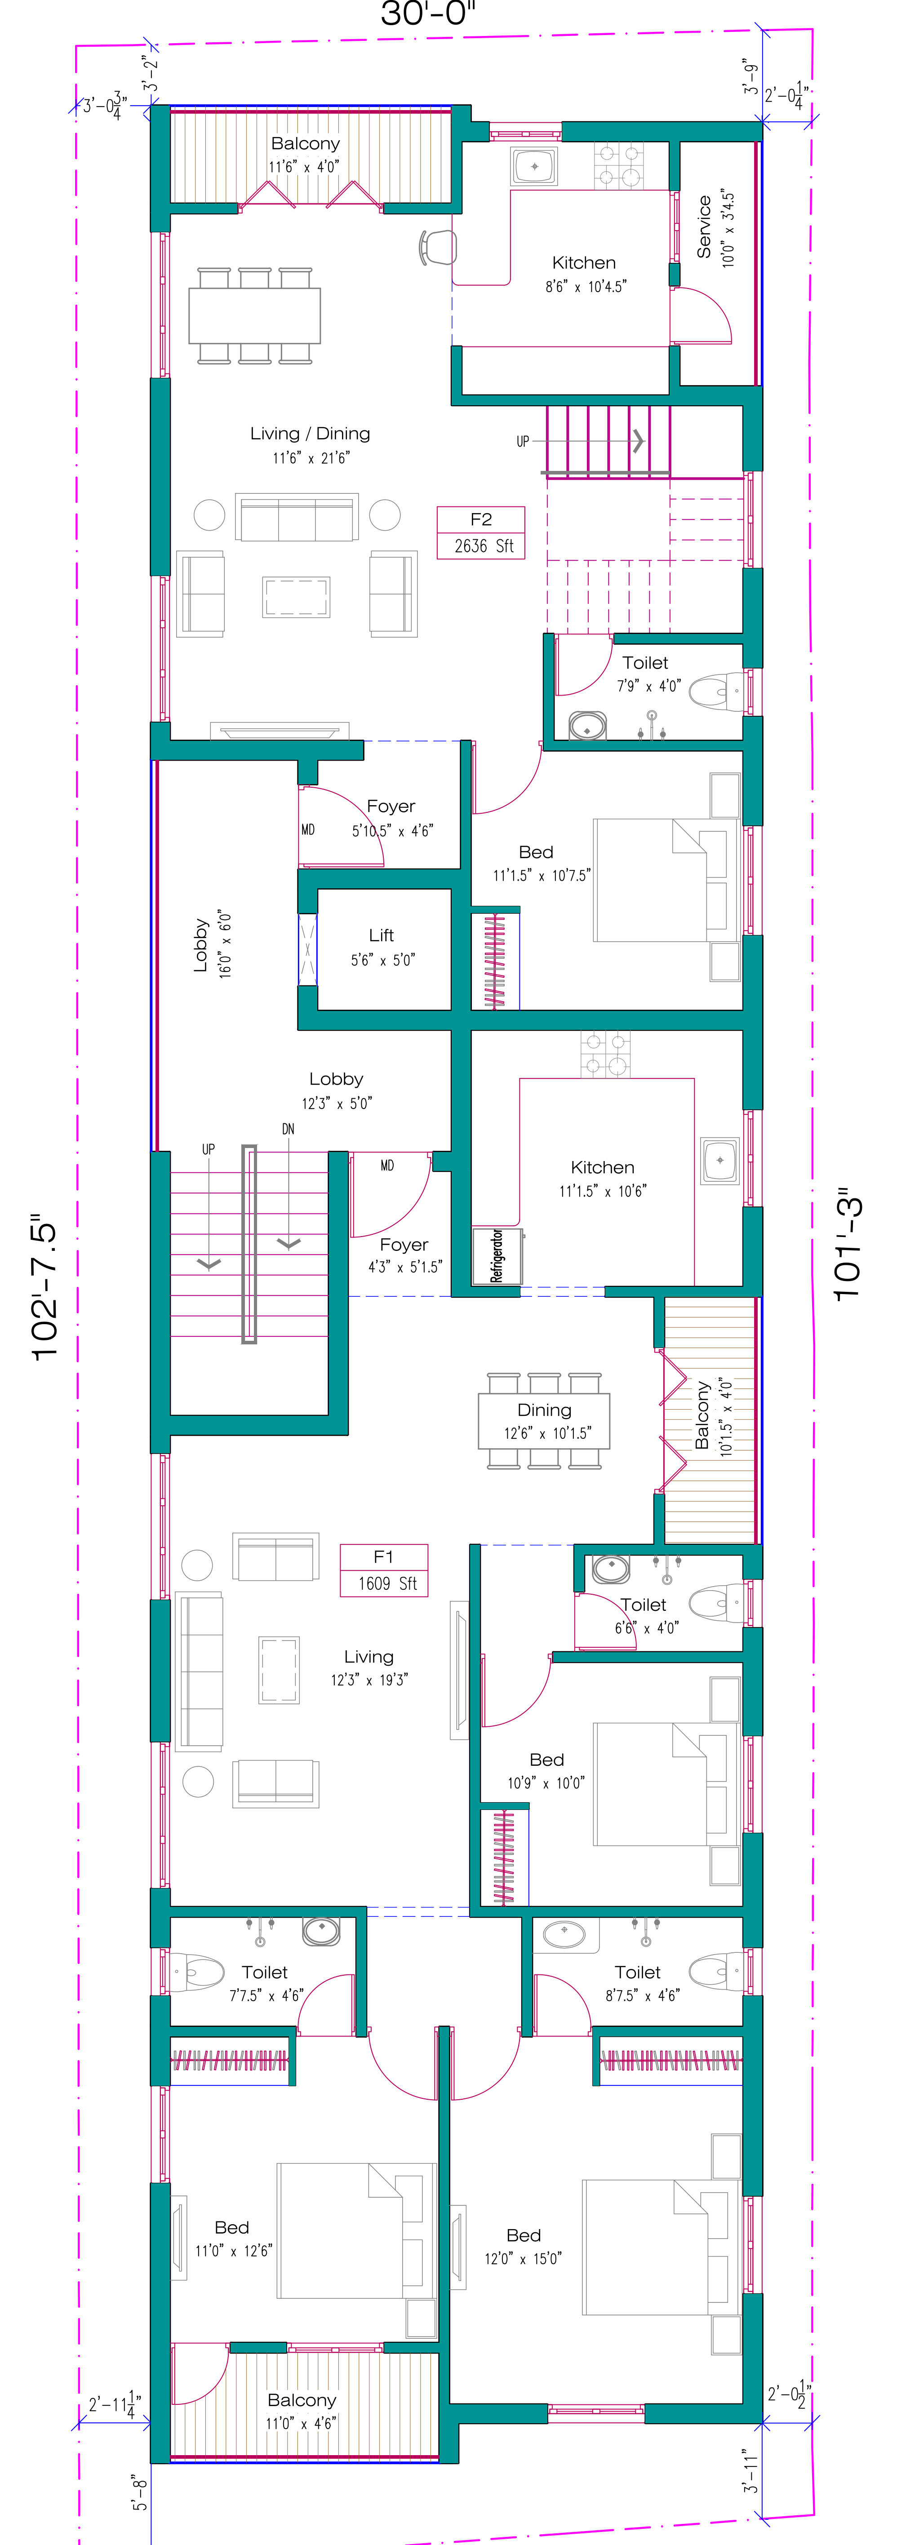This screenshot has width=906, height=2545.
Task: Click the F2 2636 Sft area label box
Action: click(x=481, y=532)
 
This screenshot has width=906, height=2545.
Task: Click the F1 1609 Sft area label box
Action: click(x=384, y=1570)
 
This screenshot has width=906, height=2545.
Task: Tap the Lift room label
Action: click(x=382, y=946)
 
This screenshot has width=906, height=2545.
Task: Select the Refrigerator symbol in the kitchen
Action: click(x=497, y=1256)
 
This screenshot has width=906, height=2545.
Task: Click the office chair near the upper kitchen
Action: click(x=438, y=247)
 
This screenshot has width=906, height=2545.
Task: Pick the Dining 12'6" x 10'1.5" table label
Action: click(x=544, y=1421)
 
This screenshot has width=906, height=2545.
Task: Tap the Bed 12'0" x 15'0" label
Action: click(x=524, y=2246)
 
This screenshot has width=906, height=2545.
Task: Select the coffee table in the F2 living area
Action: click(x=295, y=597)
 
